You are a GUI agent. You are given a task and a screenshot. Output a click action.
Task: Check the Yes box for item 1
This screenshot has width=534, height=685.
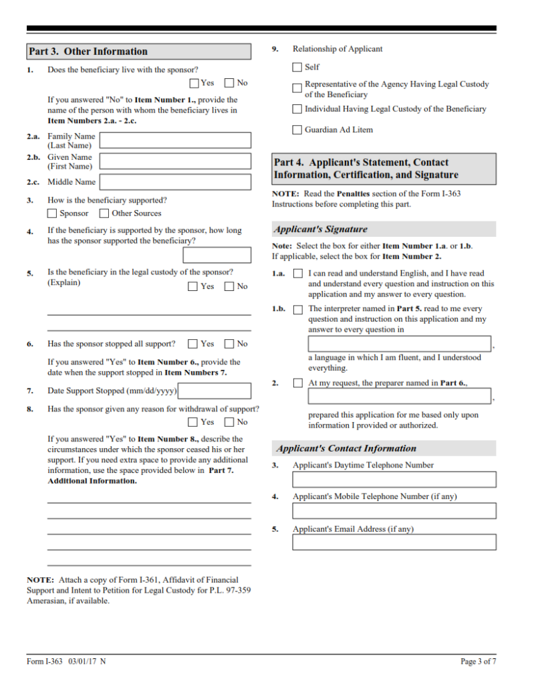pyautogui.click(x=194, y=84)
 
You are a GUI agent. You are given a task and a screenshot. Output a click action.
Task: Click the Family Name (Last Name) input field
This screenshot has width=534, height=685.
pyautogui.click(x=175, y=140)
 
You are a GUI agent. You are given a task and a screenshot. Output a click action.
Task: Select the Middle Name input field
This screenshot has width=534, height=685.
pyautogui.click(x=175, y=182)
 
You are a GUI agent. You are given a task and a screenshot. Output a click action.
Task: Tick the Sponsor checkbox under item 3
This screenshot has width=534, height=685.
pyautogui.click(x=52, y=213)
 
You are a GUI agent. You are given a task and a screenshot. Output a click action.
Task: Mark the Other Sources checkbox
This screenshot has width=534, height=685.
pyautogui.click(x=104, y=213)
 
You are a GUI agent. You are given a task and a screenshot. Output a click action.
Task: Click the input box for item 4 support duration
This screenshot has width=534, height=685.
pyautogui.click(x=217, y=255)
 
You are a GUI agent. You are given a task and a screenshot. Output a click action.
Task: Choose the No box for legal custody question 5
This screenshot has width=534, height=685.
pyautogui.click(x=229, y=286)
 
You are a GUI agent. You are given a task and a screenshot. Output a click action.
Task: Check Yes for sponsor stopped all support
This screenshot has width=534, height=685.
pyautogui.click(x=193, y=344)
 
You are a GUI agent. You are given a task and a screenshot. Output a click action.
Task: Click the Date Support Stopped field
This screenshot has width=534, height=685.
pyautogui.click(x=215, y=391)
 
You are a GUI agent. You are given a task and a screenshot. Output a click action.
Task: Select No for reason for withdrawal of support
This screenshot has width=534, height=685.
pyautogui.click(x=229, y=422)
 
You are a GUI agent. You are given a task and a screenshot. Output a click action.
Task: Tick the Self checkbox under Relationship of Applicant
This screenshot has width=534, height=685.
pyautogui.click(x=297, y=67)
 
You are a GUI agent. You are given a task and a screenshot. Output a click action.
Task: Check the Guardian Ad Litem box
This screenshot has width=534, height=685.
pyautogui.click(x=297, y=130)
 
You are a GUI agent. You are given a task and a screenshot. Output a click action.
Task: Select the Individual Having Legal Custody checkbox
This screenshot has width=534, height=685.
pyautogui.click(x=297, y=109)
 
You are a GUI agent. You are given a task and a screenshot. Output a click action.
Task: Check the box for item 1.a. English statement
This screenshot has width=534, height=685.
pyautogui.click(x=297, y=274)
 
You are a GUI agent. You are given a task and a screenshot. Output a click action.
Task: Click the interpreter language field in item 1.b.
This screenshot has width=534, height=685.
pyautogui.click(x=400, y=345)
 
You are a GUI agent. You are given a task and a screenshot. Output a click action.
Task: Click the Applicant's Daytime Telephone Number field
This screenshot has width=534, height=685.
pyautogui.click(x=394, y=480)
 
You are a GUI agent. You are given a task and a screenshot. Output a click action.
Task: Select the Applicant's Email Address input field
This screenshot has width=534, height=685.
pyautogui.click(x=394, y=542)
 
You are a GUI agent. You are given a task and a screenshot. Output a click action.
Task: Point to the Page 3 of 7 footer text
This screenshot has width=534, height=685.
pyautogui.click(x=478, y=662)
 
